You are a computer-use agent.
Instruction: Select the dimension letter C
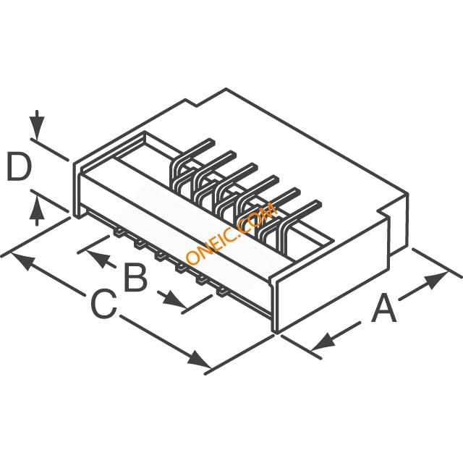103,305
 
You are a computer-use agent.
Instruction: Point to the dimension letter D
19,167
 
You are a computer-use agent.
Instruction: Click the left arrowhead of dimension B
96,256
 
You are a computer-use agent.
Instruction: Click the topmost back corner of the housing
226,90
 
